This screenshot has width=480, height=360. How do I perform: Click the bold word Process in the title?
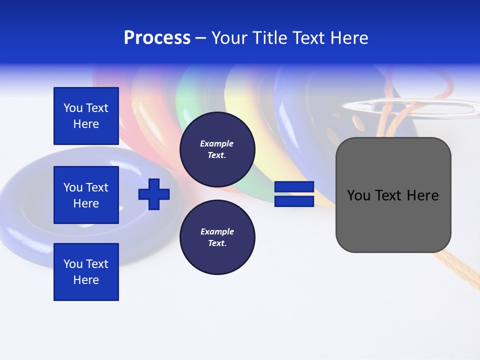[x=157, y=38]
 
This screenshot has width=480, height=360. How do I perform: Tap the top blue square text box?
[x=86, y=116]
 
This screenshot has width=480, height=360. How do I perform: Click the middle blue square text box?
[x=86, y=195]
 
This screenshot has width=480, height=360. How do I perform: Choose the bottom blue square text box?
[x=86, y=271]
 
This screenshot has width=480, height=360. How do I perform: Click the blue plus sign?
[x=154, y=194]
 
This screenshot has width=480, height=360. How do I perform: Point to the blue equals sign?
[x=294, y=194]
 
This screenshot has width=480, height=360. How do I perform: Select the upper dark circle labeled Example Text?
[x=217, y=149]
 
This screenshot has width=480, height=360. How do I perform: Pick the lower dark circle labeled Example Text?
[x=217, y=237]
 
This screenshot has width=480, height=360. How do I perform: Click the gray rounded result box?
[x=393, y=194]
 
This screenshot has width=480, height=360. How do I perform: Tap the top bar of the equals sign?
[x=294, y=187]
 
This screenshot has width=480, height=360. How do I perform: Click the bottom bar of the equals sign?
[x=294, y=201]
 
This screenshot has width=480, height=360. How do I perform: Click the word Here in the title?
[x=350, y=38]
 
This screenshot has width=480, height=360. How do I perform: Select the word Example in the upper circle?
[x=217, y=143]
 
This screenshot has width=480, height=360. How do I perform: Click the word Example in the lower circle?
[x=217, y=231]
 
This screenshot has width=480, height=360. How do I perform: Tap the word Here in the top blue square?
[x=86, y=124]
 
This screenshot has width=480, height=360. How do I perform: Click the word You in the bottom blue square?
[x=73, y=264]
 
